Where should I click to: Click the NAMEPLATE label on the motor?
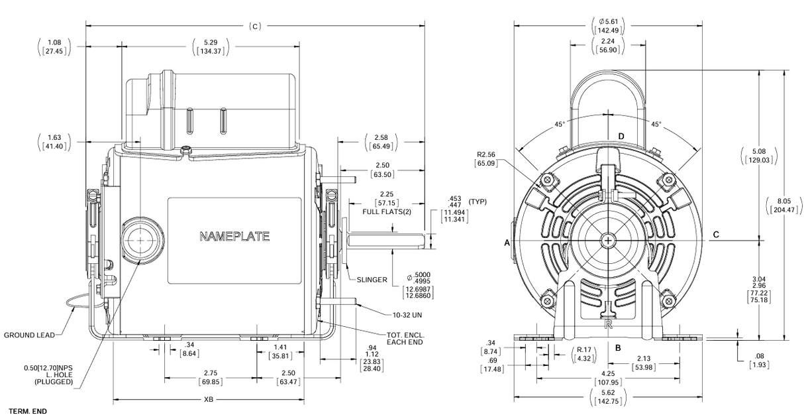point(234,236)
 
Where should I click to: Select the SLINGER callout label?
point(371,280)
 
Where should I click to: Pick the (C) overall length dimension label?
point(256,27)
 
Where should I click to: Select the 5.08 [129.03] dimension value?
point(758,156)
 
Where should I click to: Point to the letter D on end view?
point(621,137)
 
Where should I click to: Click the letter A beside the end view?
point(507,243)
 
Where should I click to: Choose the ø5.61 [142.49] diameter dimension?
point(609,25)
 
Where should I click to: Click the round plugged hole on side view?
point(140,237)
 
